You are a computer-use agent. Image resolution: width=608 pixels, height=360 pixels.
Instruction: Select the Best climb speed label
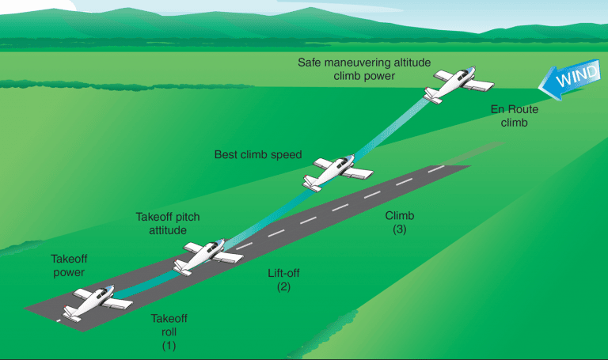(x=258, y=154)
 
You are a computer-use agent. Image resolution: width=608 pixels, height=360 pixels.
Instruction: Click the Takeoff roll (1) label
(x=169, y=332)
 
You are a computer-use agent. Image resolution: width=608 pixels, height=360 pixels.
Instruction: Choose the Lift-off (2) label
(x=283, y=279)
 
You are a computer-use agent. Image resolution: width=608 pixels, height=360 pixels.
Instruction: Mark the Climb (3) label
(x=399, y=222)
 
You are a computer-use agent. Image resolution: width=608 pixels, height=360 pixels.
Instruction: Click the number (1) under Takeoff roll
(x=169, y=346)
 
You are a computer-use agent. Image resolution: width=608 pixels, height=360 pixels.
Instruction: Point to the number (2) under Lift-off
(x=283, y=287)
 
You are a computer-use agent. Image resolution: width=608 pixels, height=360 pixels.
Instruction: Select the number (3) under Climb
(x=399, y=230)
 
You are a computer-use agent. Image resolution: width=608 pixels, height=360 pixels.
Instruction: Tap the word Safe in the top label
(x=310, y=62)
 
